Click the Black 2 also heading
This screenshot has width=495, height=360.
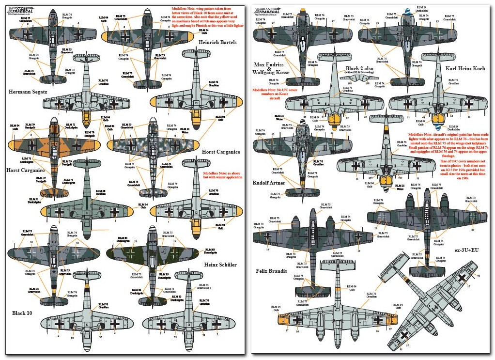[359, 69]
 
